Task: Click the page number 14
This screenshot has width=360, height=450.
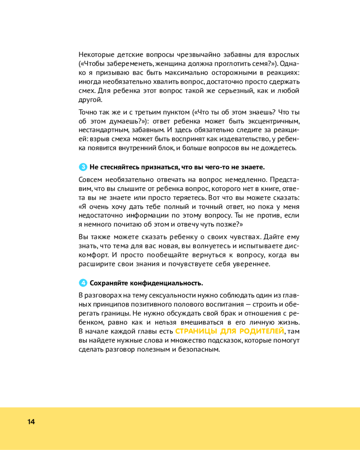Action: (31, 422)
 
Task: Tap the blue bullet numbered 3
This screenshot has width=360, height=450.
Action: (83, 167)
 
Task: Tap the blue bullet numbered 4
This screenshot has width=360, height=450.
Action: (83, 283)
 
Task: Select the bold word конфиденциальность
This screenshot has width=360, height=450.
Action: (166, 283)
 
